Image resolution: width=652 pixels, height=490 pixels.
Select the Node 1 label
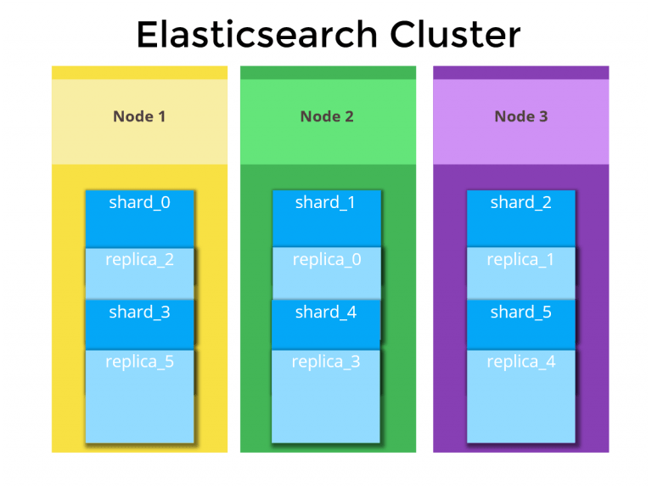coord(139,116)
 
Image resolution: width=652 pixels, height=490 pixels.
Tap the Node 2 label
coord(327,116)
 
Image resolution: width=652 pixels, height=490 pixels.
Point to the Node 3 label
coord(520,116)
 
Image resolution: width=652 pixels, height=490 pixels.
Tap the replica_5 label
coord(139,362)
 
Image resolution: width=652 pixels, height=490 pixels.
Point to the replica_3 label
coord(326,362)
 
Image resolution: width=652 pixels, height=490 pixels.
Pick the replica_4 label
coord(520,362)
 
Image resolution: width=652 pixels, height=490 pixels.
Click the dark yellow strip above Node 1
coord(139,72)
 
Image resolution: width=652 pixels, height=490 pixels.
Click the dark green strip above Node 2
coord(328,72)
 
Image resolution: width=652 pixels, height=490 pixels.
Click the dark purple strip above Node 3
coord(520,72)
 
